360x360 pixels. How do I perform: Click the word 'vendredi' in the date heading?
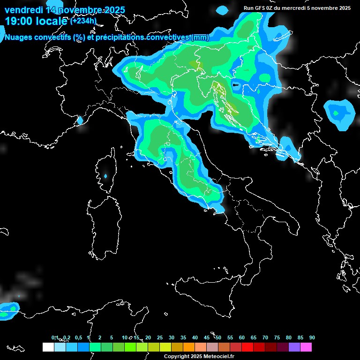(23, 10)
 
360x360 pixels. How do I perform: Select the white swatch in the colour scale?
(48, 347)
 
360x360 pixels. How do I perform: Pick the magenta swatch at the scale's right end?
(306, 347)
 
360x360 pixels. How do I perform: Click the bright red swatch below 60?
(247, 347)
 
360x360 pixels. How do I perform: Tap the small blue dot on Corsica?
(105, 176)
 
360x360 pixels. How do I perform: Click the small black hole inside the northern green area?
(236, 86)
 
